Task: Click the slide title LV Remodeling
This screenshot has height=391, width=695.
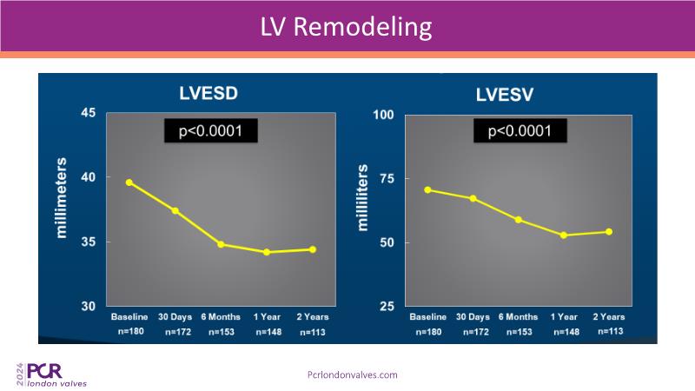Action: pyautogui.click(x=347, y=26)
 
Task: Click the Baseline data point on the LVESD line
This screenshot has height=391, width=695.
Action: pyautogui.click(x=129, y=182)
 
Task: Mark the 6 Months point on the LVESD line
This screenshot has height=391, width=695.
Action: pyautogui.click(x=221, y=244)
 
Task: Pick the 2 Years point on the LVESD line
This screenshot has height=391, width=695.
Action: pyautogui.click(x=313, y=249)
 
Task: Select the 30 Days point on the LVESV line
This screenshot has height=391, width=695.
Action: pyautogui.click(x=473, y=198)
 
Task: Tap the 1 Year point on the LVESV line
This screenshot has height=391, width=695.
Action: pyautogui.click(x=564, y=235)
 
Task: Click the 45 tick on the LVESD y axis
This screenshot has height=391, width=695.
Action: pyautogui.click(x=88, y=113)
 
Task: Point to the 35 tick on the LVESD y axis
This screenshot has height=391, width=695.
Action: pyautogui.click(x=88, y=242)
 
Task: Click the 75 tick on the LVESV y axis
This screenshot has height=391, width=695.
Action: pyautogui.click(x=387, y=178)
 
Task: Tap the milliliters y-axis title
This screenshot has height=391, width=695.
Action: pyautogui.click(x=363, y=199)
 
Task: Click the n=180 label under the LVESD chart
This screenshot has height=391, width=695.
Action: pyautogui.click(x=129, y=331)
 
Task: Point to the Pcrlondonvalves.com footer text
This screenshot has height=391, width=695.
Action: pyautogui.click(x=353, y=374)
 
